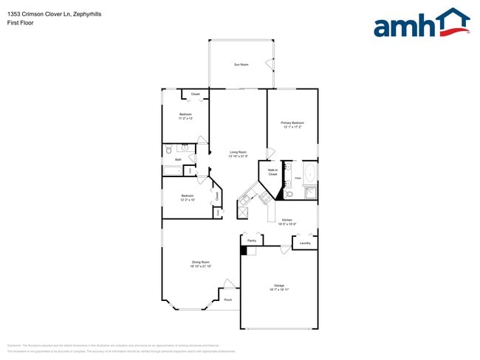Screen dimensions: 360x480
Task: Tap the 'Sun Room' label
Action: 241,65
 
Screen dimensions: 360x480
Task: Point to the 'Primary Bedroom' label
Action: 292,122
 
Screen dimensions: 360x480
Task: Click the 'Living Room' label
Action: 238,152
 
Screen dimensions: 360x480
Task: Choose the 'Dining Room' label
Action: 202,263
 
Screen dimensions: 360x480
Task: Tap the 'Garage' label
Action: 279,285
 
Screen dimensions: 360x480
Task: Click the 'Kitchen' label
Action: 287,221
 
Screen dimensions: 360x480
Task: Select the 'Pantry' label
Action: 252,241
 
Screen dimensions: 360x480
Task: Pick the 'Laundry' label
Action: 305,243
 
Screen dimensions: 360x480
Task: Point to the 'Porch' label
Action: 228,300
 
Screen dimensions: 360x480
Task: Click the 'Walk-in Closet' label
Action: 272,172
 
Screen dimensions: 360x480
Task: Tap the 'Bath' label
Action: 178,159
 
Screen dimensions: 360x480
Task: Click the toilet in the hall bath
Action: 168,149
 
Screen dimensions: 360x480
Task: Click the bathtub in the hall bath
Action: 172,170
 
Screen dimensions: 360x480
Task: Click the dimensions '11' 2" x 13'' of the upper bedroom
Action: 186,119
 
